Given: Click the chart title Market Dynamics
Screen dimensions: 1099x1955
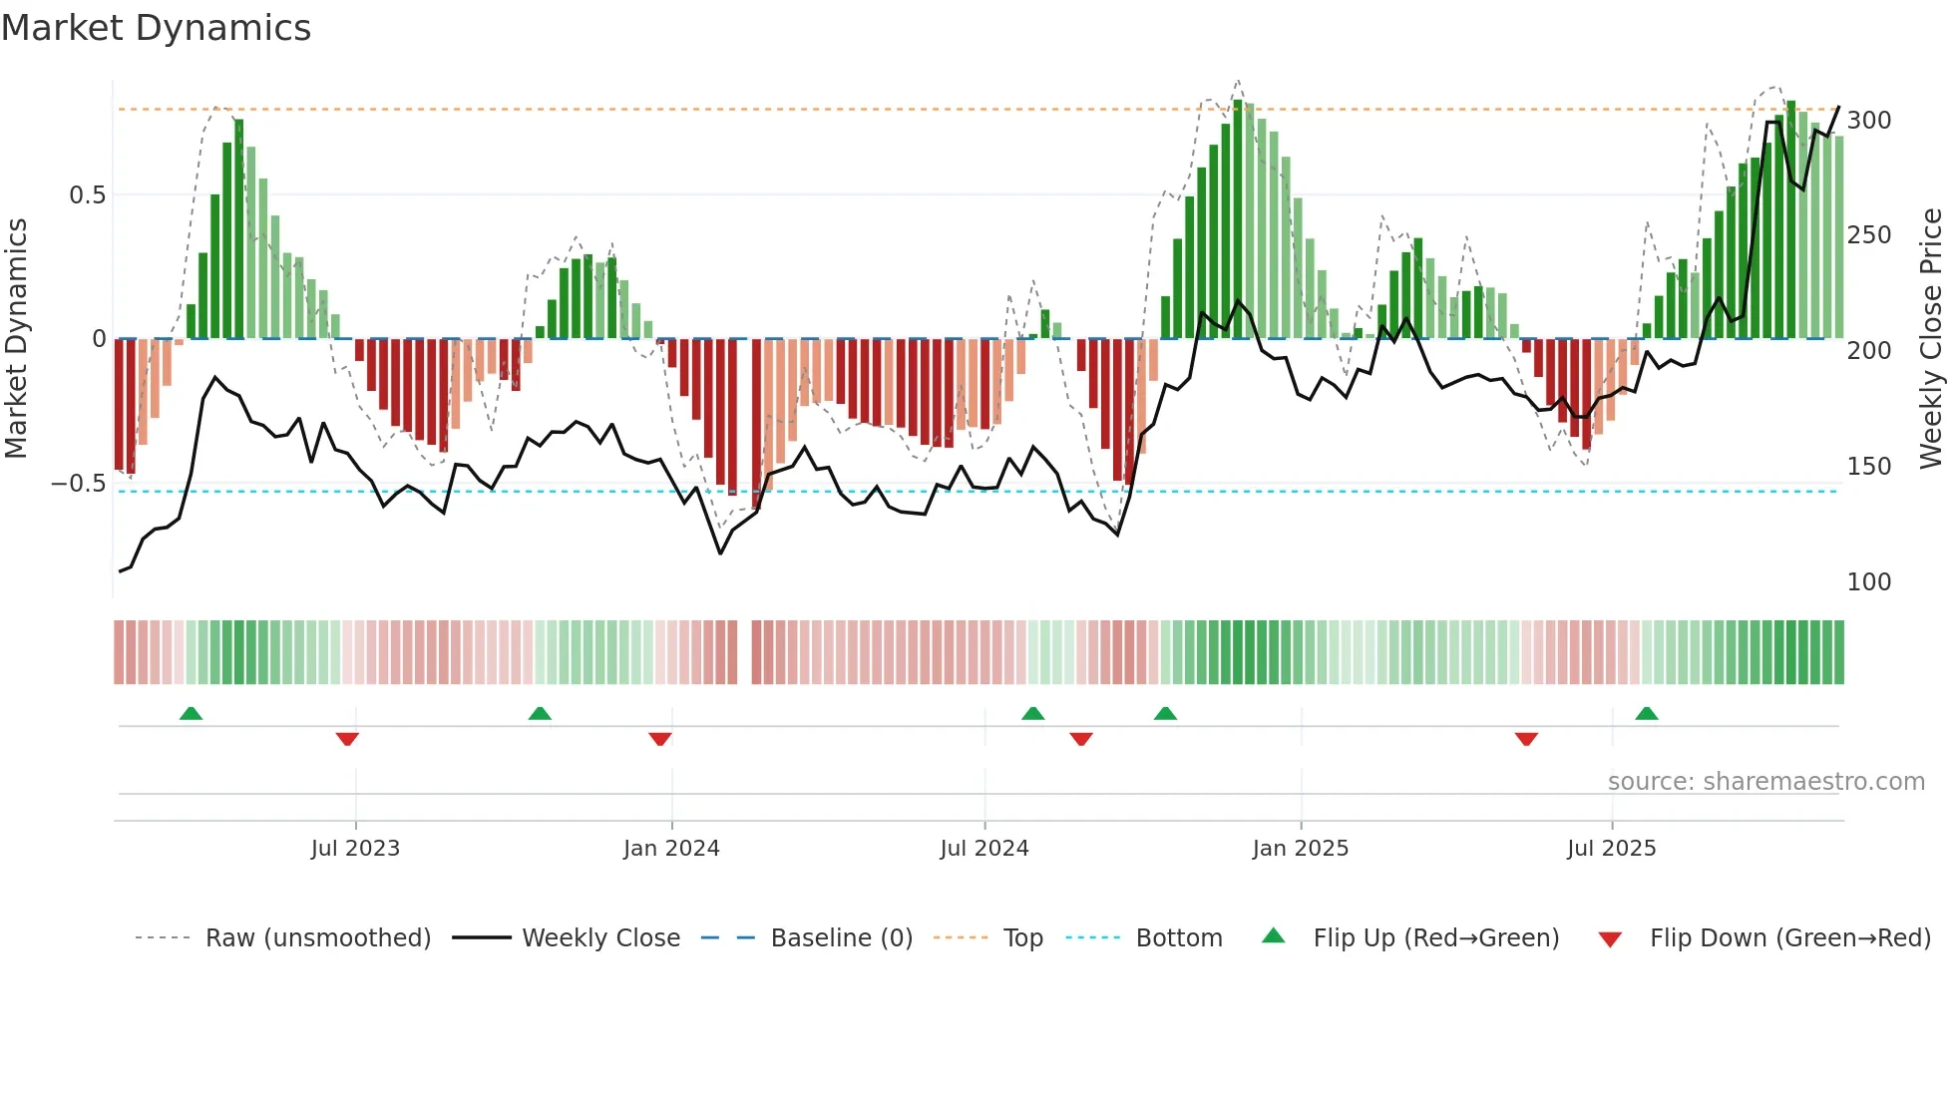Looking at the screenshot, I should pos(156,28).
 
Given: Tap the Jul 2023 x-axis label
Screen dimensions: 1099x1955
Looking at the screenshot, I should pos(355,849).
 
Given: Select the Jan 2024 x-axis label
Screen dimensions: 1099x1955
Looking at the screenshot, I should pos(671,849).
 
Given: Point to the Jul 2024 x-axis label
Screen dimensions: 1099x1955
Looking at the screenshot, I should pos(984,849).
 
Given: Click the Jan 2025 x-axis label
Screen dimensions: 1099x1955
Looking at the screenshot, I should pos(1301,849).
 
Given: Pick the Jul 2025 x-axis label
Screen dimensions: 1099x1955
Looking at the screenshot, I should pos(1612,849).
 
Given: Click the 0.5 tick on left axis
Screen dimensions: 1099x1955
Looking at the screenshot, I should pos(87,195).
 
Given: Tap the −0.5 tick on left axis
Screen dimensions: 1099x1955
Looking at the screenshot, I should pos(79,484).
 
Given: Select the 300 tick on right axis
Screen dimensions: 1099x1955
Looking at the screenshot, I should pos(1868,121).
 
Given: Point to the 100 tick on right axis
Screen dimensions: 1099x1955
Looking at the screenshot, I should pos(1868,582).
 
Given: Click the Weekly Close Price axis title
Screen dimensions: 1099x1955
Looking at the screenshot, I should pos(1932,339).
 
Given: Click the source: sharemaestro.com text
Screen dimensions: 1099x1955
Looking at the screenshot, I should pos(1765,782).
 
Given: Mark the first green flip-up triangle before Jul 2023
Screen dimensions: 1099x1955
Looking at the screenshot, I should pos(191,713).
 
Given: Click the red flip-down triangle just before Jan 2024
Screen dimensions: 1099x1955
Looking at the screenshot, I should pos(659,739).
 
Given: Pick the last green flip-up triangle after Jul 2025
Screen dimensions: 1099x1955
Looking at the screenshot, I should pos(1647,713).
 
